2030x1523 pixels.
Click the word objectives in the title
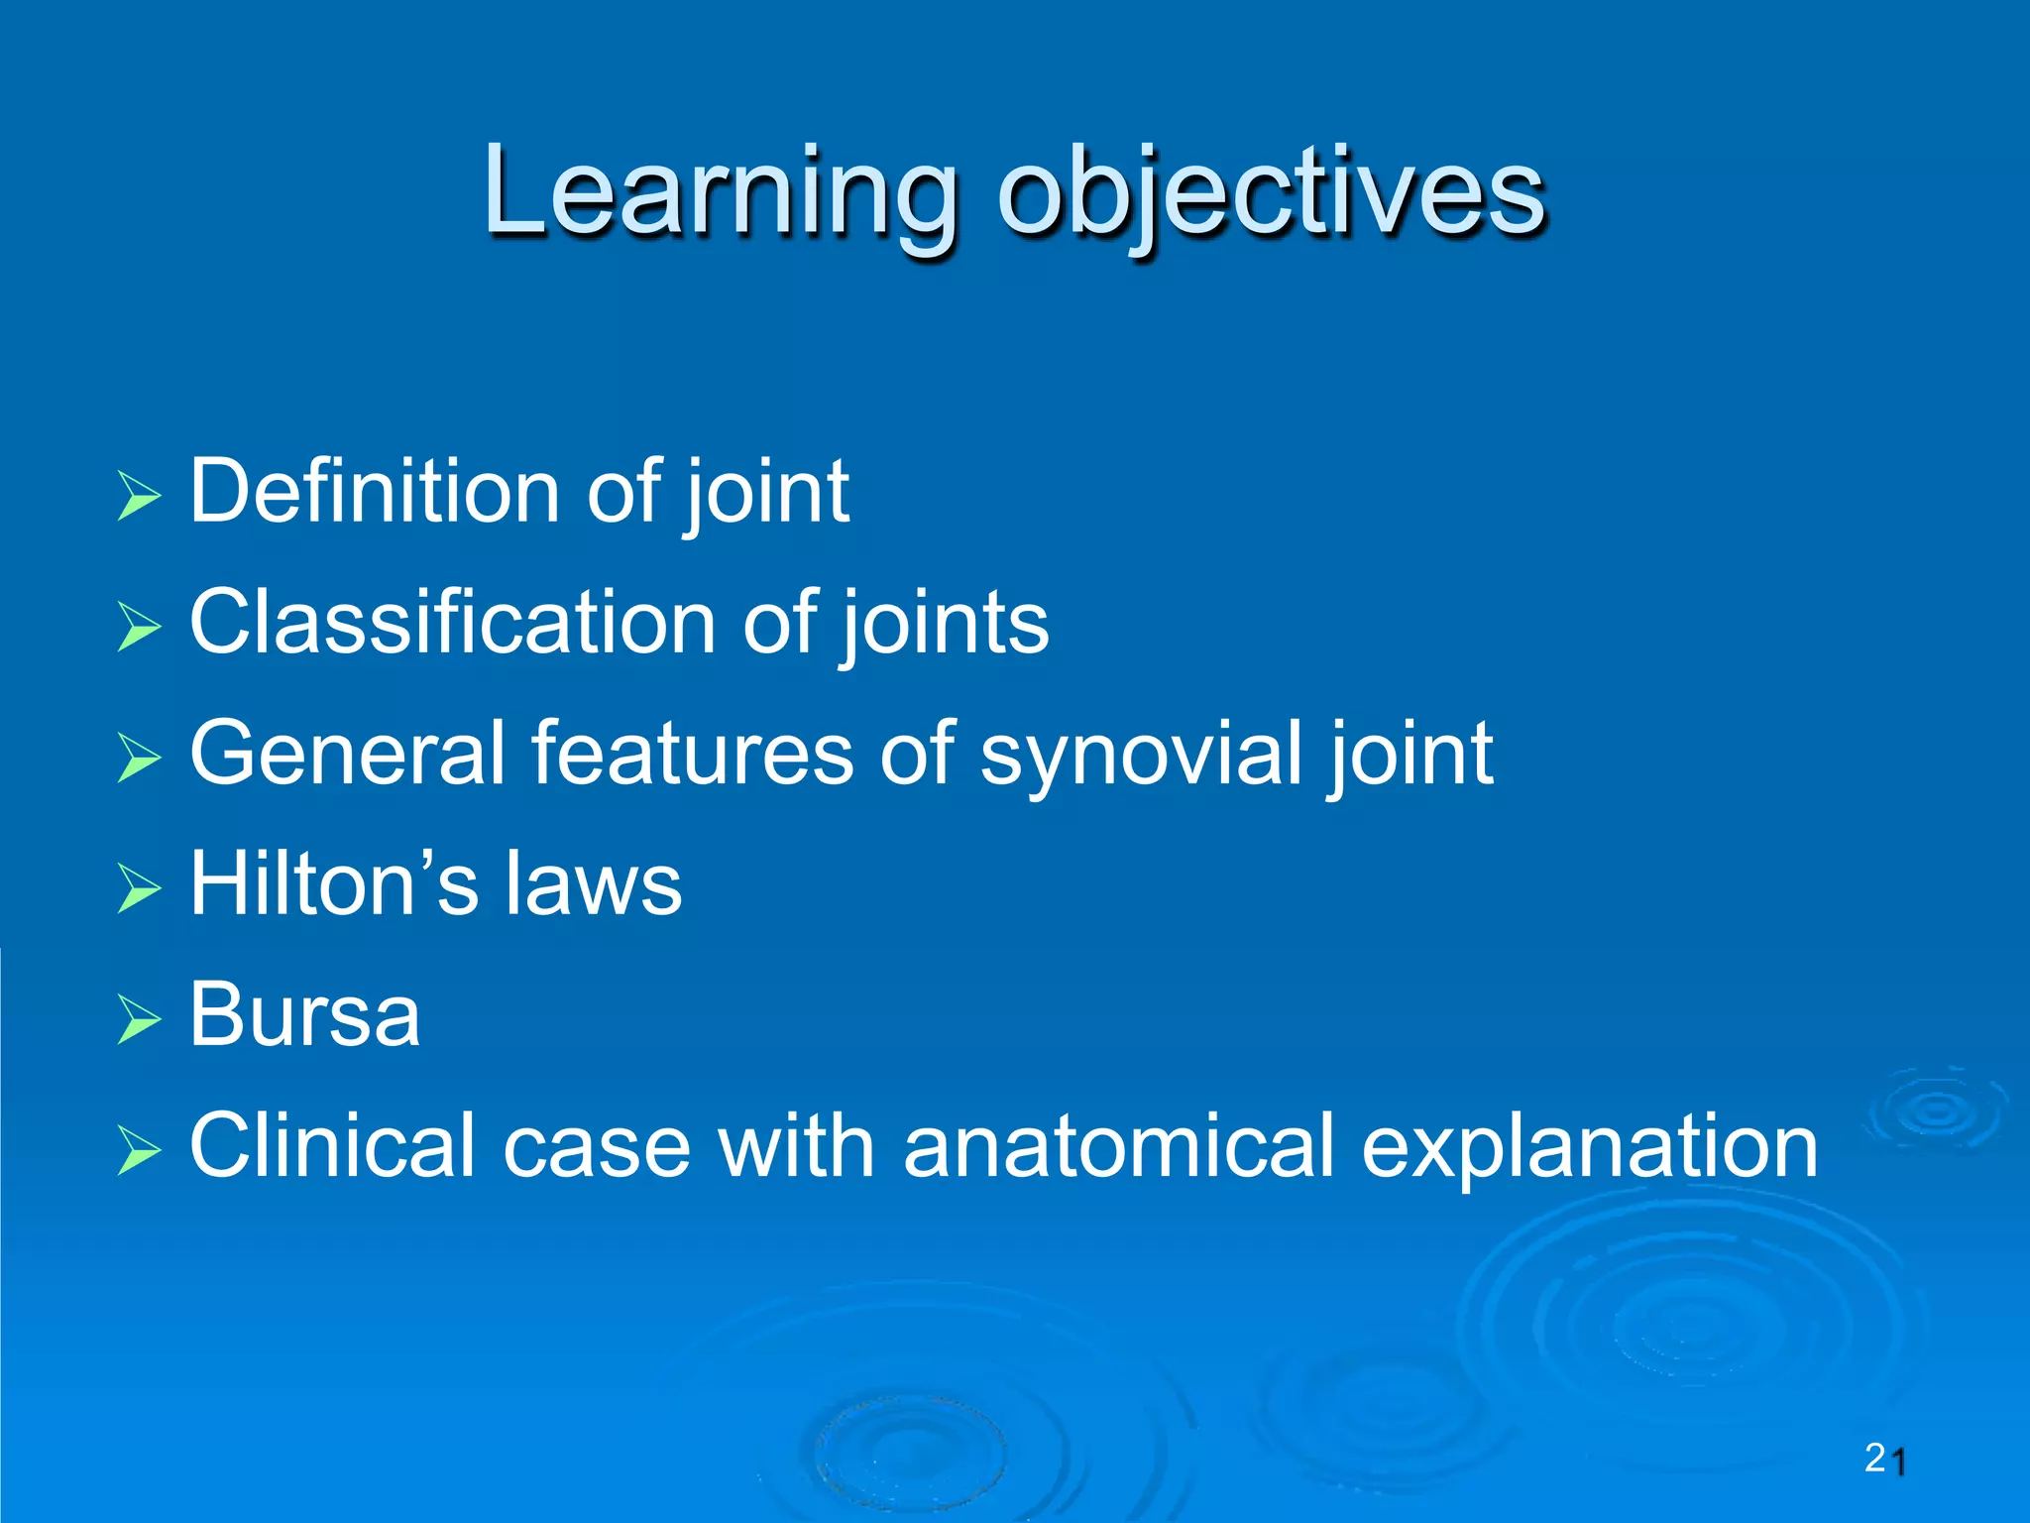tap(1271, 193)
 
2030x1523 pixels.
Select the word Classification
tap(452, 622)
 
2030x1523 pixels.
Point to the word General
tap(346, 754)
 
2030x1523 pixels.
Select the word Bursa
tap(304, 1015)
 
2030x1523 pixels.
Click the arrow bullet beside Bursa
tap(138, 1019)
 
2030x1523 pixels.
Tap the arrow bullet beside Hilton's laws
tap(138, 887)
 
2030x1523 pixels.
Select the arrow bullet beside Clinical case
tap(138, 1150)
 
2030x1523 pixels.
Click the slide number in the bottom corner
tap(1885, 1459)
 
